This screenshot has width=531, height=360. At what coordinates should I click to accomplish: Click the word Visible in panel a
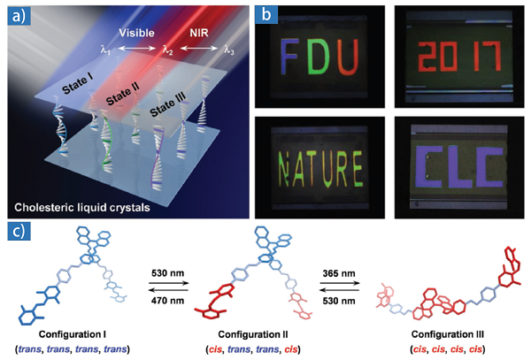(x=137, y=33)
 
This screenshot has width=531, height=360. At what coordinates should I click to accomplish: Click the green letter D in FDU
(x=319, y=57)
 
